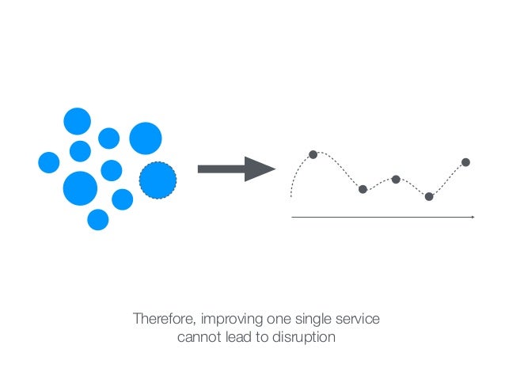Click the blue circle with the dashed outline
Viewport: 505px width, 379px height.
coord(158,180)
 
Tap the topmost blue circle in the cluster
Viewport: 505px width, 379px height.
coord(77,122)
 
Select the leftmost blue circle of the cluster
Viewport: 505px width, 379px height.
coord(49,162)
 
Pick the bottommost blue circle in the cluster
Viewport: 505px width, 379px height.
coord(97,219)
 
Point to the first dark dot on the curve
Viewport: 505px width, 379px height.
coord(313,154)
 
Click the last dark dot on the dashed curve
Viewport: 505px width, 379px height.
coord(465,162)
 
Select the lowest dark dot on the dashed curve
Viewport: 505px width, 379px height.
coord(429,196)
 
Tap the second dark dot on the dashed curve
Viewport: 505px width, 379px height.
coord(363,189)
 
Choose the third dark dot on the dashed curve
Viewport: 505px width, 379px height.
coord(396,179)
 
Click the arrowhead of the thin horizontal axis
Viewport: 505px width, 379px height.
coord(473,216)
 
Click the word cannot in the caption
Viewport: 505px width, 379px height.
coord(197,338)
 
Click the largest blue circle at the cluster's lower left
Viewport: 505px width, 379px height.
coord(80,188)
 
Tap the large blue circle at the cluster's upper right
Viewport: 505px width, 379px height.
coord(146,138)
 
